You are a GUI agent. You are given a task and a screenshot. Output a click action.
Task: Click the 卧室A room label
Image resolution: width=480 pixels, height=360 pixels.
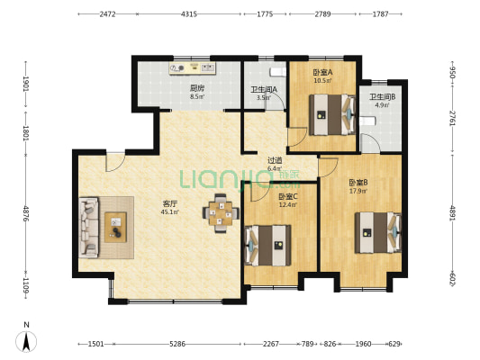tap(322, 73)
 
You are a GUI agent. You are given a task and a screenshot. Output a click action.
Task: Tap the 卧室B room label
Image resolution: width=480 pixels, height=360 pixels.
tap(358, 183)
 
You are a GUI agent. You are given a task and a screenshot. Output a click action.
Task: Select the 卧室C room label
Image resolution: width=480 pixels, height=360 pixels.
tap(288, 197)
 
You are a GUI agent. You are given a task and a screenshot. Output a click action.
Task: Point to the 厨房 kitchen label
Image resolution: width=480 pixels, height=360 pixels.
tap(197, 89)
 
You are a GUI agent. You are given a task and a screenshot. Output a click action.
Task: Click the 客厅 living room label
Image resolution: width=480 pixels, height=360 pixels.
tap(170, 203)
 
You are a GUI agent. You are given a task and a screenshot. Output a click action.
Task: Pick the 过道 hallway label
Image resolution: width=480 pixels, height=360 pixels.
tap(275, 160)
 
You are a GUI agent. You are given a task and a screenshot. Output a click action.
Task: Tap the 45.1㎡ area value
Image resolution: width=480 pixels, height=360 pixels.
tap(170, 211)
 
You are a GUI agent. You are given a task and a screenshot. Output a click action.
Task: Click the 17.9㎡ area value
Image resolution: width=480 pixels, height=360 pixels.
tap(358, 191)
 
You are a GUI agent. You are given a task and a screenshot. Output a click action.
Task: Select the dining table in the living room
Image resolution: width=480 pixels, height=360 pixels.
tap(221, 213)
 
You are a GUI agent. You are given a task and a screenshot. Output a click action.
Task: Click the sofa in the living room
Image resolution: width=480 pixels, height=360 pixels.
tap(89, 228)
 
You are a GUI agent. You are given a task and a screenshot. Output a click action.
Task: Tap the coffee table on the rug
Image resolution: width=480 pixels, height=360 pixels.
tap(115, 228)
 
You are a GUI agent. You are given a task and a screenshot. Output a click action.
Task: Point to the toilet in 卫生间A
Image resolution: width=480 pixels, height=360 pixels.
tap(278, 72)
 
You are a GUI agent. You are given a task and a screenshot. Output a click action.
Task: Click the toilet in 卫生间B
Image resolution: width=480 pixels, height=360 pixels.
tap(367, 121)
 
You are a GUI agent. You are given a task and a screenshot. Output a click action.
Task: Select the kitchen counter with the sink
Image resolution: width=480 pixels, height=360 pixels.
tap(193, 68)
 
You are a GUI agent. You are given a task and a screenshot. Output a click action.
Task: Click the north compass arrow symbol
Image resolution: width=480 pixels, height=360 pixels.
tap(27, 341)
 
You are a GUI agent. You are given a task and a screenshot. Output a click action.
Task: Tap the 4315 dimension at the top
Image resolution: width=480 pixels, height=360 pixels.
tap(189, 14)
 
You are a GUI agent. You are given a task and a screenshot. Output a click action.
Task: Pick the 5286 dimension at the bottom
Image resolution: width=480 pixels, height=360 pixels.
tap(177, 344)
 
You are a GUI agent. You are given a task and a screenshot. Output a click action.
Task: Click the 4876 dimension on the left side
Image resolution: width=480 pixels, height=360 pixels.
tap(26, 214)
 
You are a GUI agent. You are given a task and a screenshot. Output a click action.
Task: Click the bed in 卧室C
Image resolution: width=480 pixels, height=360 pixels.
tap(268, 246)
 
